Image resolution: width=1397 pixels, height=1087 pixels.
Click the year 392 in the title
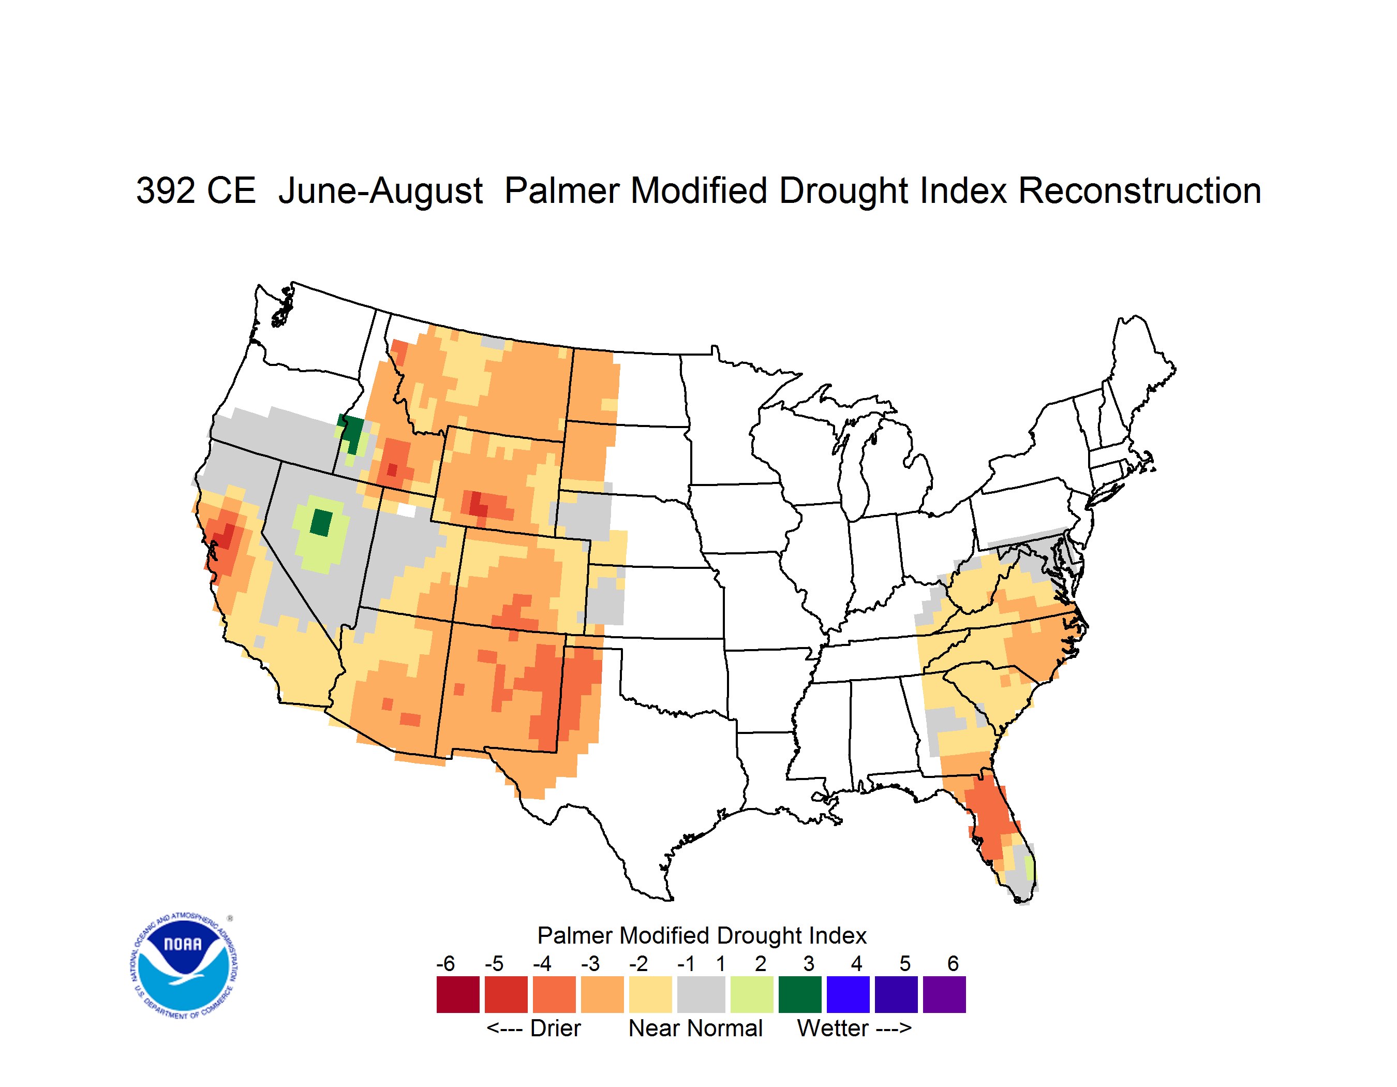point(166,190)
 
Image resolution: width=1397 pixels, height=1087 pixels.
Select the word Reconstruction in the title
point(1139,190)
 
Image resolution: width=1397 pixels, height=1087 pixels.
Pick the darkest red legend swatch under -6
point(458,994)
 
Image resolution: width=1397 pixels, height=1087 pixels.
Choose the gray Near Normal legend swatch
point(701,994)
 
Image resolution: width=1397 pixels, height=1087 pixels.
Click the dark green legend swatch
point(799,994)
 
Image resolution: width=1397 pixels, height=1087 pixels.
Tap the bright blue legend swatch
point(848,994)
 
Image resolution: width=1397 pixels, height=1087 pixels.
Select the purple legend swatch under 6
point(944,994)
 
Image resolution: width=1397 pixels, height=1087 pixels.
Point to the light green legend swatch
point(752,994)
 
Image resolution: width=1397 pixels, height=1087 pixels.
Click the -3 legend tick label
point(590,963)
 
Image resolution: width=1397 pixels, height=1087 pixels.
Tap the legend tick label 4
point(856,963)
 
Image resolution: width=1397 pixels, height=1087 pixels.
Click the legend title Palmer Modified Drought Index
point(702,935)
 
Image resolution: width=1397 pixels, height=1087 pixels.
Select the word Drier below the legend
point(555,1028)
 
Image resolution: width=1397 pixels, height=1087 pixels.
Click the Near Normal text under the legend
point(695,1028)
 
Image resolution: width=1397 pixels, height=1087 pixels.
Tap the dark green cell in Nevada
point(321,523)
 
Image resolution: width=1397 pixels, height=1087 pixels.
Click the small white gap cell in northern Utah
point(406,510)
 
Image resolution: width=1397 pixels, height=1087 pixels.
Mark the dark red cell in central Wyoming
point(477,503)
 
